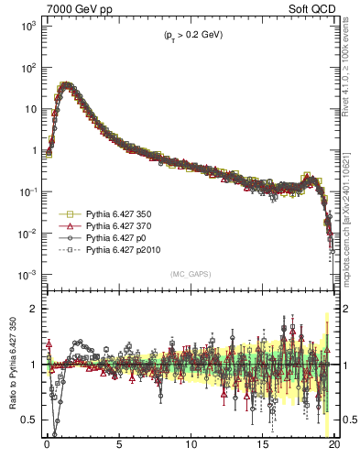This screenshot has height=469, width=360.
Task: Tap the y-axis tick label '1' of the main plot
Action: pyautogui.click(x=31, y=151)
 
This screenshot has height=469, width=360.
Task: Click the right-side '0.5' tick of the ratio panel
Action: pyautogui.click(x=349, y=420)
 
